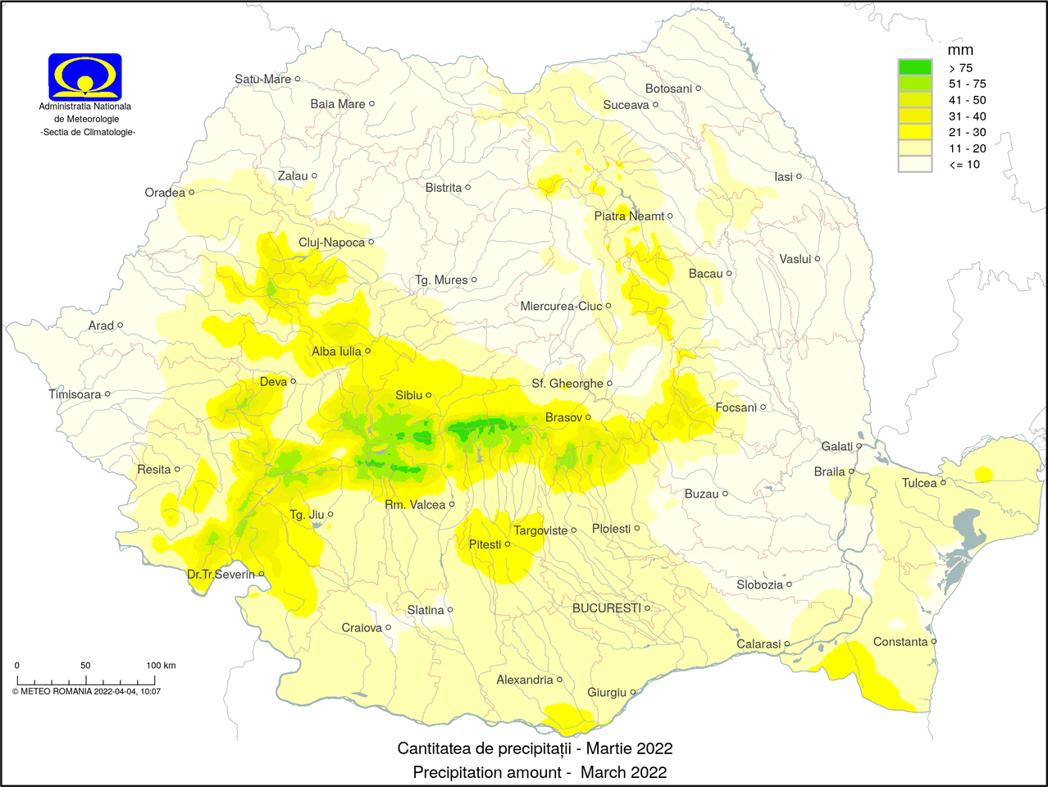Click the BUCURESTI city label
pyautogui.click(x=606, y=608)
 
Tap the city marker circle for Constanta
pyautogui.click(x=934, y=642)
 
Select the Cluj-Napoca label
pyautogui.click(x=331, y=243)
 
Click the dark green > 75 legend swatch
pyautogui.click(x=914, y=67)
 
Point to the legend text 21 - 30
pyautogui.click(x=967, y=132)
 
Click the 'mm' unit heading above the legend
pyautogui.click(x=959, y=50)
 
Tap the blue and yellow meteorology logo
pyautogui.click(x=85, y=77)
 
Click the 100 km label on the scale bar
pyautogui.click(x=161, y=665)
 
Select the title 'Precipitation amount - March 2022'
pyautogui.click(x=540, y=772)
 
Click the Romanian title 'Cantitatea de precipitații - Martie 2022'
pyautogui.click(x=535, y=748)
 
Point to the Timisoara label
pyautogui.click(x=75, y=394)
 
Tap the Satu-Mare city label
pyautogui.click(x=262, y=80)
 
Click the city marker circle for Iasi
pyautogui.click(x=799, y=176)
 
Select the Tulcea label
pyautogui.click(x=918, y=483)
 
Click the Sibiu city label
pyautogui.click(x=408, y=395)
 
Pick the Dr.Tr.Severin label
pyautogui.click(x=221, y=575)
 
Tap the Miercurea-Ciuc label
pyautogui.click(x=561, y=307)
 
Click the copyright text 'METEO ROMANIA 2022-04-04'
pyautogui.click(x=86, y=691)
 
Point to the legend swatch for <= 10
pyautogui.click(x=914, y=164)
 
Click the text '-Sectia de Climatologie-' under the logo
pyautogui.click(x=88, y=132)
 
